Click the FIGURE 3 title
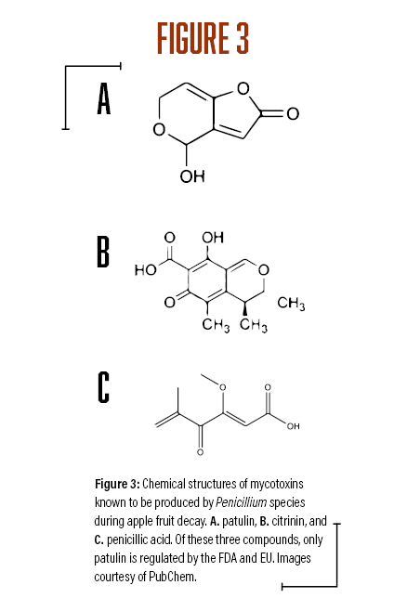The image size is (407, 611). tap(203, 38)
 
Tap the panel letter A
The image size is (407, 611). tap(104, 98)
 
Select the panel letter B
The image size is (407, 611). tap(103, 252)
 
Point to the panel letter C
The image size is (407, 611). tap(103, 387)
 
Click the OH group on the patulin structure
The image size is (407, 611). tap(192, 176)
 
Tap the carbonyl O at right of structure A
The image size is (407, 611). tap(292, 114)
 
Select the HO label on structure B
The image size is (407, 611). tap(145, 269)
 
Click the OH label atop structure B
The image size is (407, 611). tap(213, 238)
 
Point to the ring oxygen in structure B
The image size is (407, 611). tap(264, 269)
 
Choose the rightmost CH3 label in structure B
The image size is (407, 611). tap(291, 303)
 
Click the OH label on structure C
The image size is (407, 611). tap(293, 426)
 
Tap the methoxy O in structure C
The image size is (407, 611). tap(223, 387)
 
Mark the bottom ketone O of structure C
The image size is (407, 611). tap(200, 452)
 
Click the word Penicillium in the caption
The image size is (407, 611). tap(242, 502)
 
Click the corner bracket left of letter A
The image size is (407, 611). tap(65, 66)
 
